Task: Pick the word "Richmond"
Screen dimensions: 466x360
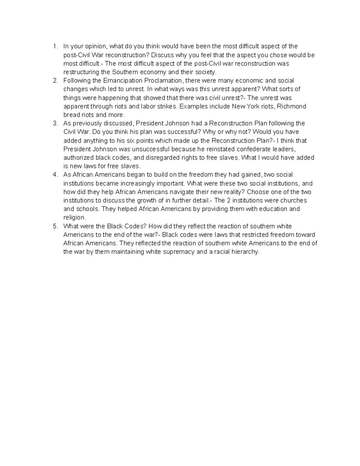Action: (293, 107)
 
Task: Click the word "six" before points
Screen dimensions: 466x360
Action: (124, 141)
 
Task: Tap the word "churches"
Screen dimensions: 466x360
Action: (292, 200)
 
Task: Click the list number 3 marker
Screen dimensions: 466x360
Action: (55, 124)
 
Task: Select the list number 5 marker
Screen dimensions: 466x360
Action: (55, 226)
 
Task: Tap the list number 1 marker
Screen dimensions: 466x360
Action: (55, 47)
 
